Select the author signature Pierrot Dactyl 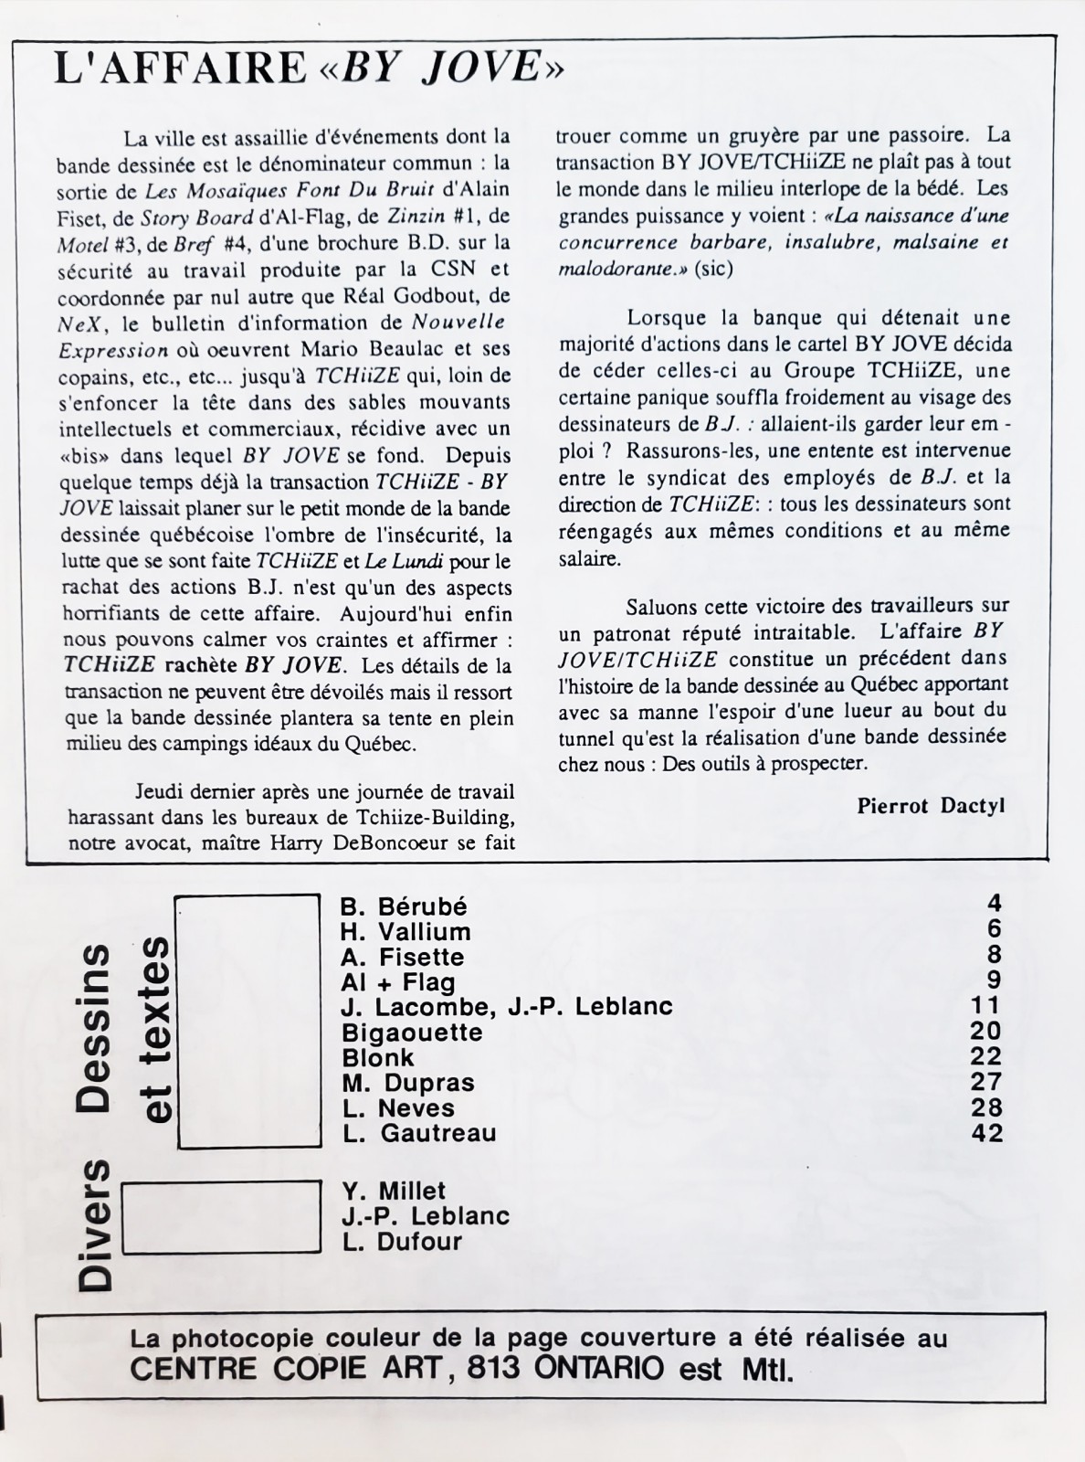point(931,805)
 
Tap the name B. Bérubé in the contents point(404,906)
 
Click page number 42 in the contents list point(987,1133)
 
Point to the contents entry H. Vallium point(406,932)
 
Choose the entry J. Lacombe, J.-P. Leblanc point(507,1007)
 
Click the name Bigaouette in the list point(412,1033)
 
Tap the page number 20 point(987,1031)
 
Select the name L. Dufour point(403,1242)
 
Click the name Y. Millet point(394,1192)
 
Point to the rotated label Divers point(95,1224)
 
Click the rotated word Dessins point(95,1027)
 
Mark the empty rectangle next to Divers point(221,1217)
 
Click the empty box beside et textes point(248,1021)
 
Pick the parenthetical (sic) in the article point(713,270)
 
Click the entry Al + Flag point(398,982)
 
